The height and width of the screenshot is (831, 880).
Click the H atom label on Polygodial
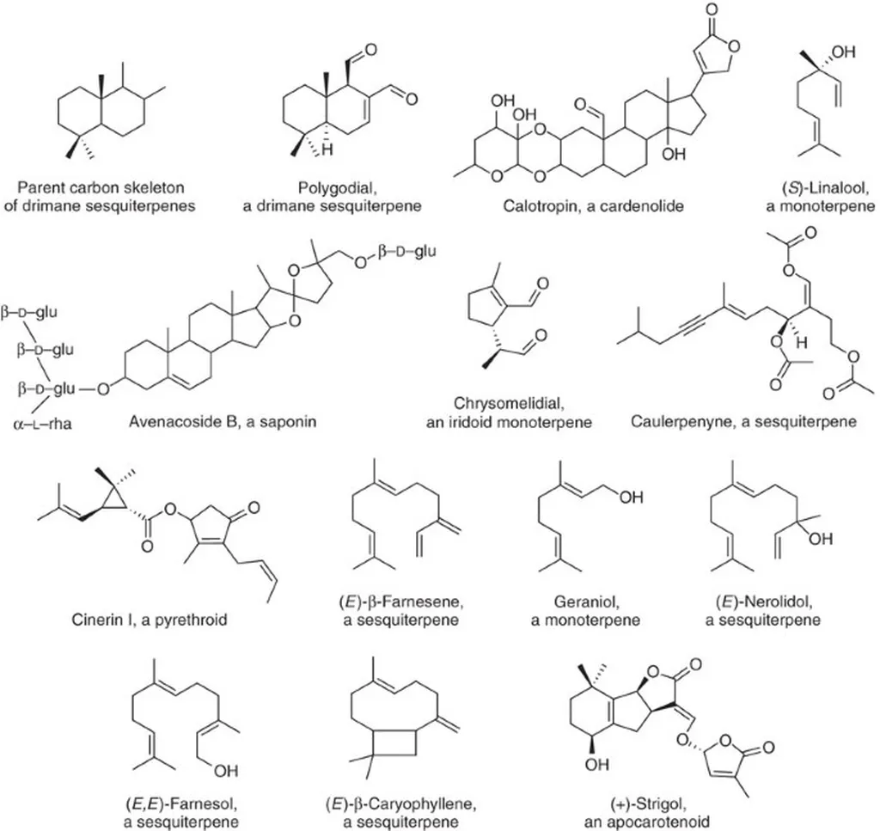tap(327, 150)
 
